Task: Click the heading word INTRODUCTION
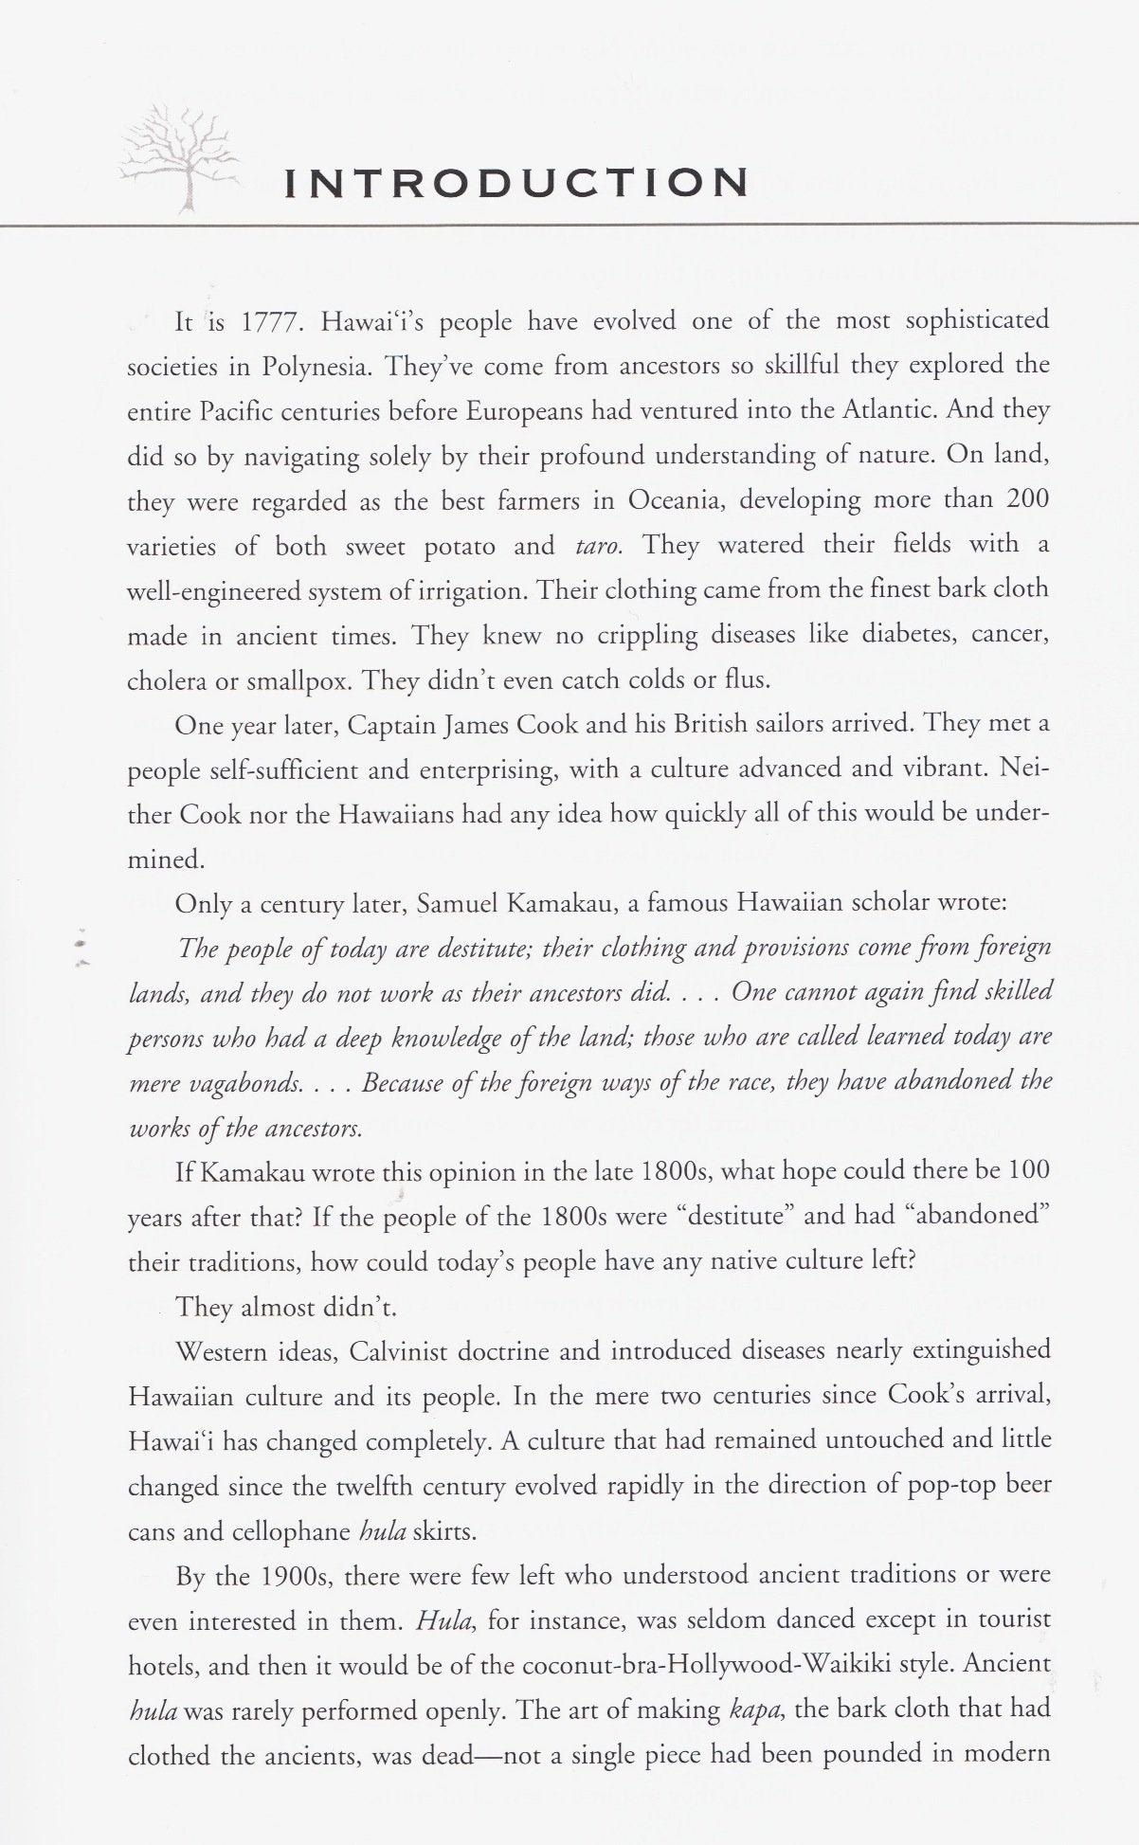[x=517, y=183]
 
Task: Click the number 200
[x=1027, y=499]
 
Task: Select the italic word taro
[x=598, y=547]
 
